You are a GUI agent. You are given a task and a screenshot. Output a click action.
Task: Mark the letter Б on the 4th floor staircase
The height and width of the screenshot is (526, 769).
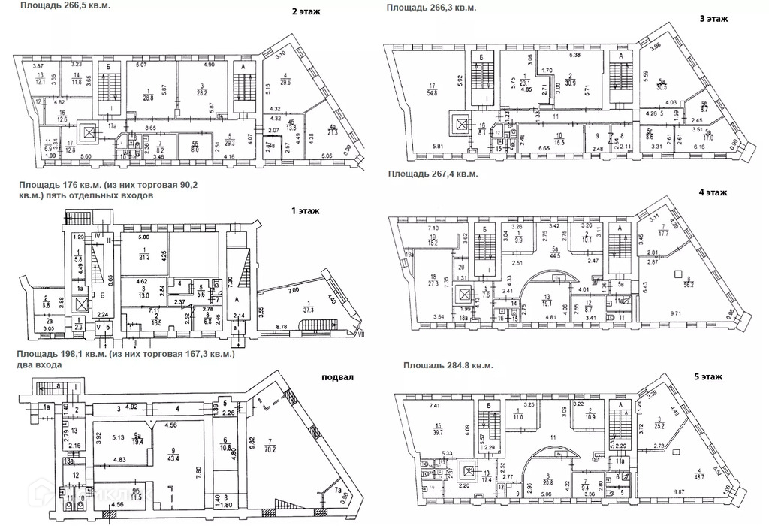pos(486,228)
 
